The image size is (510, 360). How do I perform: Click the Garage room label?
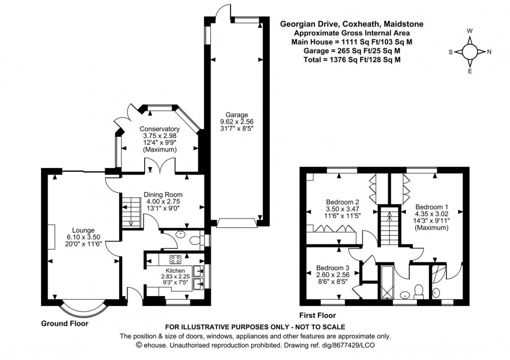[236, 115]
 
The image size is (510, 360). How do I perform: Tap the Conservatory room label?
[159, 129]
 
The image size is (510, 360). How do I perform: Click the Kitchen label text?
[175, 271]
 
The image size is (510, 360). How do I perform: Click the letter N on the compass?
[489, 52]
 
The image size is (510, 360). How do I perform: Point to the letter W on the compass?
[470, 31]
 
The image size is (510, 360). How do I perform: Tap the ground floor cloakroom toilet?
[195, 240]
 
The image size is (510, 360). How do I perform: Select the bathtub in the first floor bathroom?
[387, 284]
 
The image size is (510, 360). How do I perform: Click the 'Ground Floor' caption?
[65, 323]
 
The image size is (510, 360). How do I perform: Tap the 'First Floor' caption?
[317, 315]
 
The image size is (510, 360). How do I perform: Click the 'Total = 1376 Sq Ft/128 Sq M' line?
[352, 60]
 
